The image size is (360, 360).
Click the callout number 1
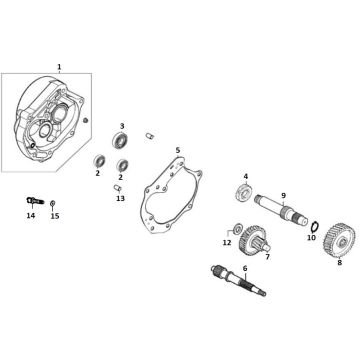pyautogui.click(x=59, y=65)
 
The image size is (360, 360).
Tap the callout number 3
pyautogui.click(x=122, y=126)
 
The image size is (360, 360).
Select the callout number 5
pyautogui.click(x=177, y=151)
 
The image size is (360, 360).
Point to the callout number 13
pyautogui.click(x=121, y=198)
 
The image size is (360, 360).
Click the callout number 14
pyautogui.click(x=30, y=216)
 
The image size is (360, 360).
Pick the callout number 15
pyautogui.click(x=55, y=216)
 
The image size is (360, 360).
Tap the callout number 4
pyautogui.click(x=245, y=176)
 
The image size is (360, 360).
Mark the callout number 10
pyautogui.click(x=310, y=238)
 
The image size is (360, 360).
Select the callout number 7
pyautogui.click(x=267, y=257)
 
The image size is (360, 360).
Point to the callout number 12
pyautogui.click(x=226, y=243)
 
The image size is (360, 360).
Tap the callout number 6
pyautogui.click(x=245, y=269)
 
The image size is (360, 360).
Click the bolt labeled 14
pyautogui.click(x=29, y=200)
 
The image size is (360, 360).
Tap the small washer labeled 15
pyautogui.click(x=53, y=203)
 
